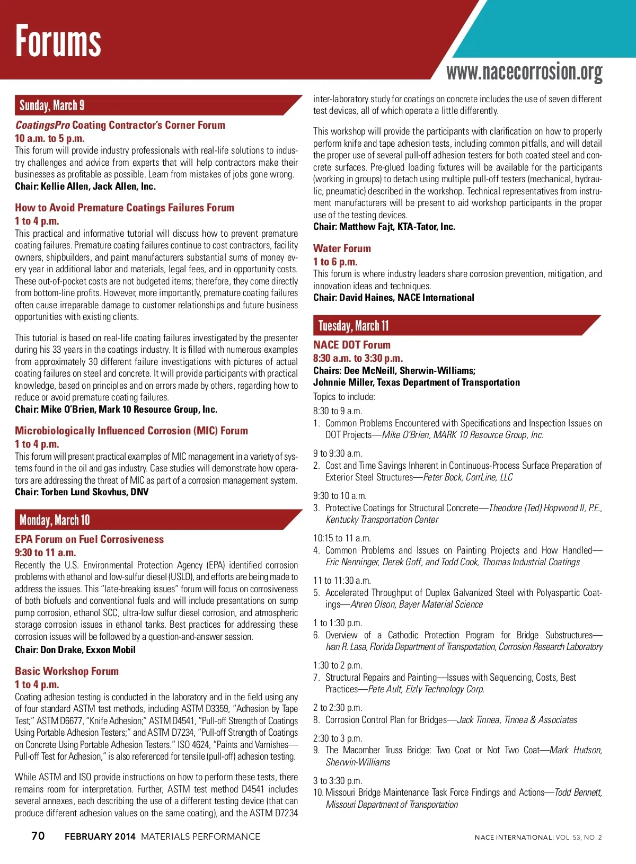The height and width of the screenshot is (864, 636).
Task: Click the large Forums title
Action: [x=58, y=41]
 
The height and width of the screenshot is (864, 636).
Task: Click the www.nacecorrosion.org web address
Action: [x=524, y=72]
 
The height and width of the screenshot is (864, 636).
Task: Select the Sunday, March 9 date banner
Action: [x=52, y=105]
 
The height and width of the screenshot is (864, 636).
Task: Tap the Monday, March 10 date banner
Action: [x=55, y=520]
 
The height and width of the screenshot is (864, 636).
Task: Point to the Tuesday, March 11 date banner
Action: [x=354, y=325]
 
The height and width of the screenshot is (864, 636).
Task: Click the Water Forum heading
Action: [x=342, y=248]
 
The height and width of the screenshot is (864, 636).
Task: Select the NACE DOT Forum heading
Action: [x=351, y=345]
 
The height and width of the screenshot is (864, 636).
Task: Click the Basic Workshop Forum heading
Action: [x=67, y=671]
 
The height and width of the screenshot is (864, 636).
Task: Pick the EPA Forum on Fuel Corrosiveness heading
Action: [x=89, y=539]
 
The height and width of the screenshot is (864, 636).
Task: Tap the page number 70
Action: [x=38, y=836]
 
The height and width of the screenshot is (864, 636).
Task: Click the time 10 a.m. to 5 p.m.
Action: [x=50, y=138]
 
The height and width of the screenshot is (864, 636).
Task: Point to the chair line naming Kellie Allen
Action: [x=85, y=186]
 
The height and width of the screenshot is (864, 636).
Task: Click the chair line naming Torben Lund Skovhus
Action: [x=82, y=492]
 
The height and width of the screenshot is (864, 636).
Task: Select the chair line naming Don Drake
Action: [x=75, y=650]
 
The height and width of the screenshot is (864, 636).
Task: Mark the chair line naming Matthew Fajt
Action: [x=384, y=227]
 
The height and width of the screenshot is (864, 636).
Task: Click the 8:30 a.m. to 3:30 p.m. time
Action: [x=358, y=358]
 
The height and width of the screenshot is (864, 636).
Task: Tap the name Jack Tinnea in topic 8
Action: [x=479, y=720]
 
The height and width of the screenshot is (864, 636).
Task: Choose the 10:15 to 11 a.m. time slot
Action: [x=342, y=538]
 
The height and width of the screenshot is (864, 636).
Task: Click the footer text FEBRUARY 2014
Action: [x=100, y=836]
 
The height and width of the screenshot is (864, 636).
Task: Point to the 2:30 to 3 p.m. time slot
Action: [x=338, y=738]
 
